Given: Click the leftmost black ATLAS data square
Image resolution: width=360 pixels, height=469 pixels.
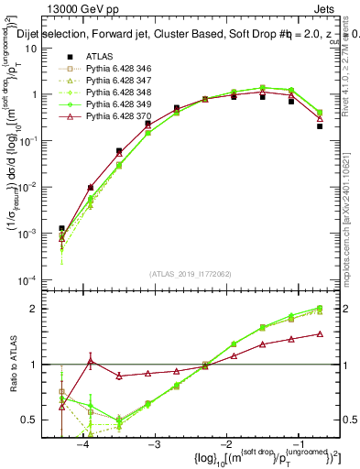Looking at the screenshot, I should [x=61, y=228].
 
